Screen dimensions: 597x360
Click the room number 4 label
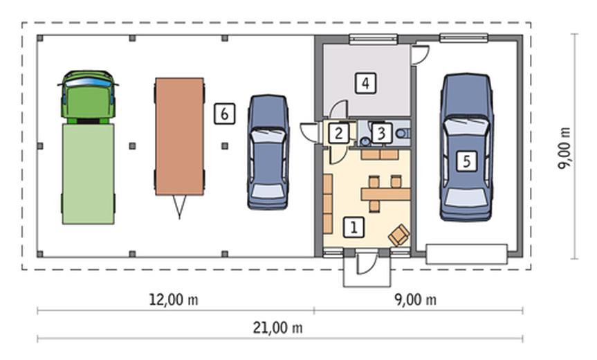(x=365, y=83)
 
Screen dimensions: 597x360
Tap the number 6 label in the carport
(x=224, y=114)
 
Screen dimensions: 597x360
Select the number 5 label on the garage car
(x=467, y=161)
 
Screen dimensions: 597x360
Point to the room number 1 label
(x=353, y=228)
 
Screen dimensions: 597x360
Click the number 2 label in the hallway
(x=338, y=134)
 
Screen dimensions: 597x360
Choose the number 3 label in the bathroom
(x=381, y=134)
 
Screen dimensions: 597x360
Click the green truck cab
(x=88, y=97)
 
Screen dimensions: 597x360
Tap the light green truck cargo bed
(x=88, y=174)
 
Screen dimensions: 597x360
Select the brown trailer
(x=179, y=136)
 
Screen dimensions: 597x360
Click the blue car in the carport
(x=268, y=152)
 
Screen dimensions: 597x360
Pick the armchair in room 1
(x=398, y=234)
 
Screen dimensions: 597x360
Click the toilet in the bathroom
(x=403, y=134)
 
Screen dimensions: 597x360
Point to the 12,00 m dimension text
(x=173, y=300)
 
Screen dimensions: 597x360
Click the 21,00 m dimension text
(x=277, y=327)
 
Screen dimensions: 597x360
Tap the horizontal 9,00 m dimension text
(x=415, y=300)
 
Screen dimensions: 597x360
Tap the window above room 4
(x=373, y=39)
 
